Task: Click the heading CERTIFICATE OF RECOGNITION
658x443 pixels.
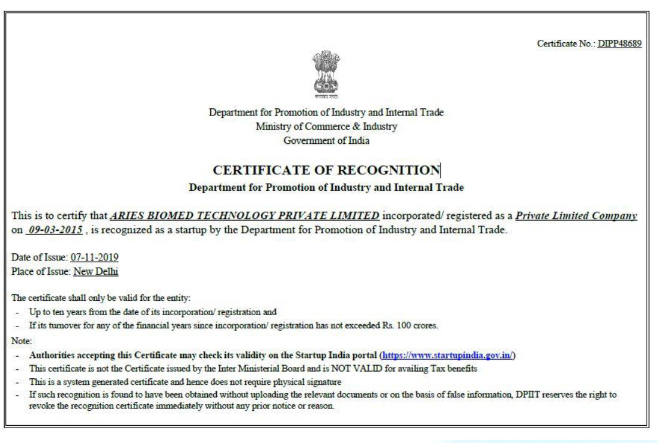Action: [326, 171]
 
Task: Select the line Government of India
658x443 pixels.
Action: [326, 140]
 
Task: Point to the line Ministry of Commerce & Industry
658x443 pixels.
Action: [326, 125]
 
